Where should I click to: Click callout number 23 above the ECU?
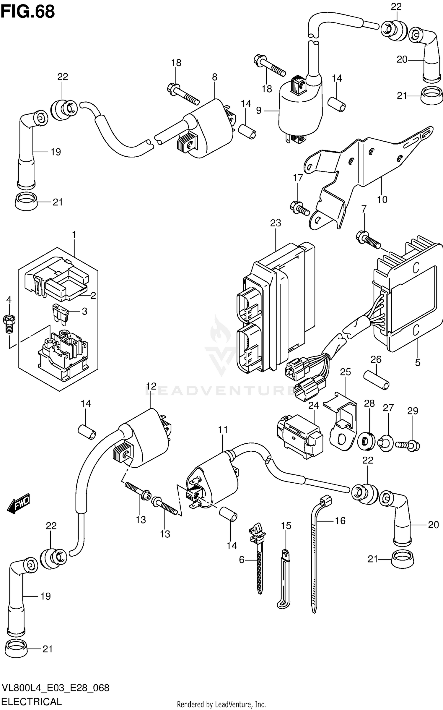275,223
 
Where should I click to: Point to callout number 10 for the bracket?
382,200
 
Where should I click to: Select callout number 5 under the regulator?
417,362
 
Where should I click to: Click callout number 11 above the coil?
223,429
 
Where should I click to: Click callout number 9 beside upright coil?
259,111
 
